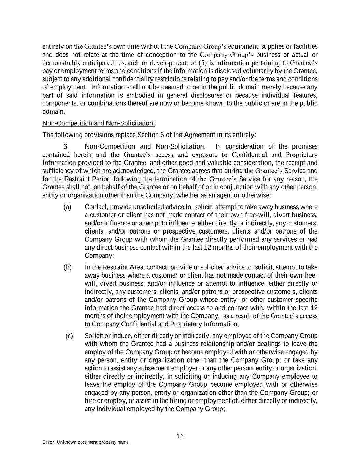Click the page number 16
click(x=180, y=436)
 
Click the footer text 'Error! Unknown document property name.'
click(x=86, y=442)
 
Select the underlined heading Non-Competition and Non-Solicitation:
click(x=99, y=123)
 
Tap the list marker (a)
click(x=68, y=207)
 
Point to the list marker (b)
click(x=68, y=267)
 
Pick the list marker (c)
click(x=69, y=336)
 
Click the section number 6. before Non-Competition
click(x=67, y=146)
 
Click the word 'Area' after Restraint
click(x=137, y=267)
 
